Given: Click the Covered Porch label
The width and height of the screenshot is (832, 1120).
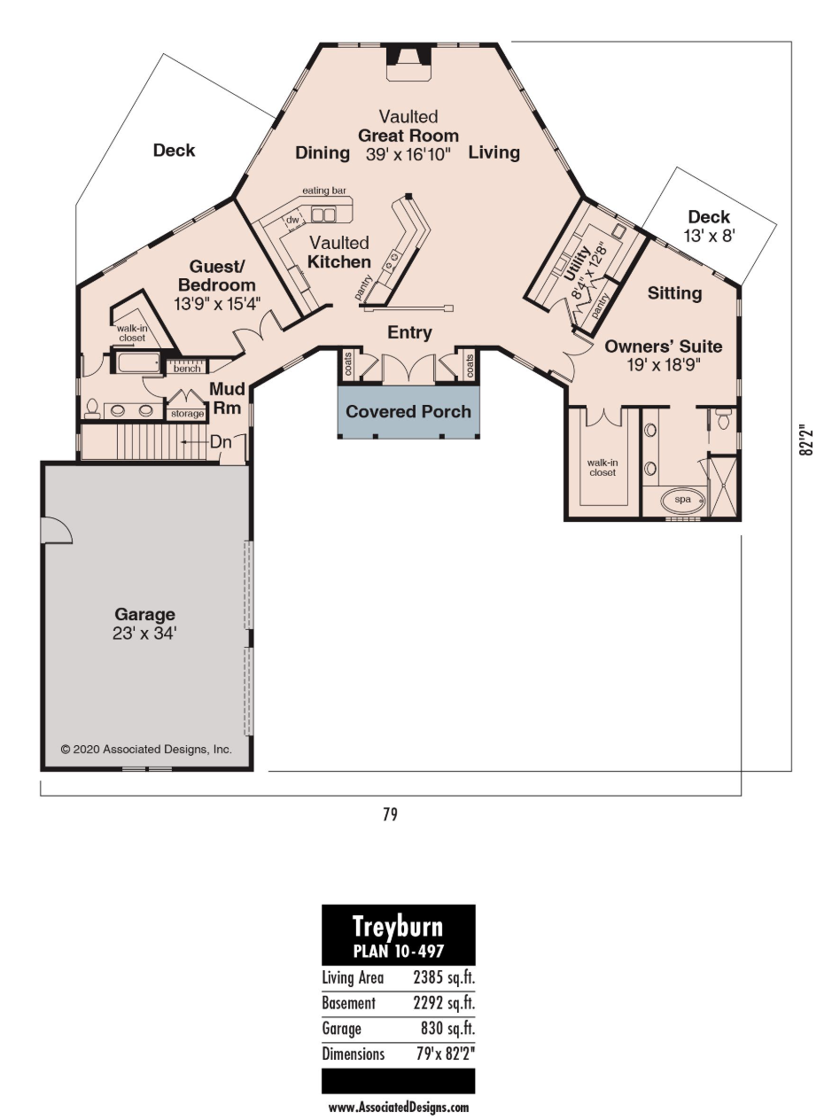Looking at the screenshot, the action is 408,412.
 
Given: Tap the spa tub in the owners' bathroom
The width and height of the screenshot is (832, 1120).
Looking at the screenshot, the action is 683,500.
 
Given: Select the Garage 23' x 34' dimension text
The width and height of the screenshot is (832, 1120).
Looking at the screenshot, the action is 144,634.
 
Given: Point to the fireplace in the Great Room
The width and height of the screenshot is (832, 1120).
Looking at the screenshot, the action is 409,62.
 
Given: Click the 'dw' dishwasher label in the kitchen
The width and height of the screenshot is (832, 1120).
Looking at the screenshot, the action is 292,220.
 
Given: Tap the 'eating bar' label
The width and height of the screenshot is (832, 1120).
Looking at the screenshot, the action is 324,191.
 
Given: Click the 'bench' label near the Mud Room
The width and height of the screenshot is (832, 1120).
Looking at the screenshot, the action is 187,369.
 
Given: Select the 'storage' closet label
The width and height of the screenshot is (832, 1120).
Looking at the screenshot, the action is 187,414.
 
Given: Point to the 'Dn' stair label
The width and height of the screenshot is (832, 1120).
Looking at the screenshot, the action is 221,442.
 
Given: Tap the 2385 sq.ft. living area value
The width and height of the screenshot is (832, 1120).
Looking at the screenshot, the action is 444,977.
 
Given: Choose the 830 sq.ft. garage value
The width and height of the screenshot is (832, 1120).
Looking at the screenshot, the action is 447,1028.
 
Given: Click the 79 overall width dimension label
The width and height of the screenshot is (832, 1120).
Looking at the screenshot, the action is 390,814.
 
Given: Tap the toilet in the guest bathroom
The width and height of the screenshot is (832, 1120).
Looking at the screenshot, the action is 92,409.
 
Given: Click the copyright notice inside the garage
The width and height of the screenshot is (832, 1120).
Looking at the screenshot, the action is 146,750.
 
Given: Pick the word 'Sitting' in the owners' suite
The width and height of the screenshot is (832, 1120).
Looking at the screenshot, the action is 675,293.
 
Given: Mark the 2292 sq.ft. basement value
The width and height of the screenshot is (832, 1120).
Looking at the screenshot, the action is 444,1003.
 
